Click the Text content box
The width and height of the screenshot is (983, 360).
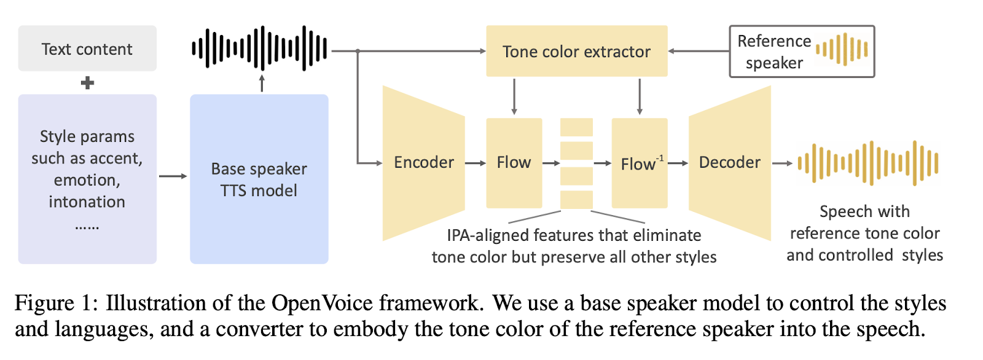pyautogui.click(x=87, y=49)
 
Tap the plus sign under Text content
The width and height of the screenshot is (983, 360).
pyautogui.click(x=87, y=83)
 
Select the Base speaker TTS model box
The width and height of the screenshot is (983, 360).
pyautogui.click(x=259, y=179)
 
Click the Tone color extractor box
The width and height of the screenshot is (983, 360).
pyautogui.click(x=576, y=51)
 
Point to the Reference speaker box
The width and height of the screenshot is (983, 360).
pyautogui.click(x=801, y=52)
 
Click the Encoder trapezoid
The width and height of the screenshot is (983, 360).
pyautogui.click(x=423, y=163)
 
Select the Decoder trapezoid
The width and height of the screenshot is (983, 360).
pyautogui.click(x=730, y=163)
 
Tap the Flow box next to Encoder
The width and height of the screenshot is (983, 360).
pyautogui.click(x=514, y=163)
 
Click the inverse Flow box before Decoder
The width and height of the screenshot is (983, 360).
pyautogui.click(x=639, y=163)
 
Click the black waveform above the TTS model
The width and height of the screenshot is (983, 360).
pyautogui.click(x=260, y=48)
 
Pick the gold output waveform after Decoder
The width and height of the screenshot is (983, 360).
pyautogui.click(x=867, y=163)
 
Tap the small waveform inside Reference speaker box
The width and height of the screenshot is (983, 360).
pyautogui.click(x=842, y=49)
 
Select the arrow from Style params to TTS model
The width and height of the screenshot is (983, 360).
pyautogui.click(x=173, y=176)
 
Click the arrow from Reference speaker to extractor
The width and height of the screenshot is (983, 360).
pyautogui.click(x=699, y=51)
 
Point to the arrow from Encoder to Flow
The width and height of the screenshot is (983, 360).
pyautogui.click(x=476, y=163)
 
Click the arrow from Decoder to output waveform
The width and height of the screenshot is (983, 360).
pyautogui.click(x=782, y=163)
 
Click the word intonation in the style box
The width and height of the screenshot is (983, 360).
pyautogui.click(x=87, y=202)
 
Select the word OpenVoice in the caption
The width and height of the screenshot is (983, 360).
pyautogui.click(x=322, y=303)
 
